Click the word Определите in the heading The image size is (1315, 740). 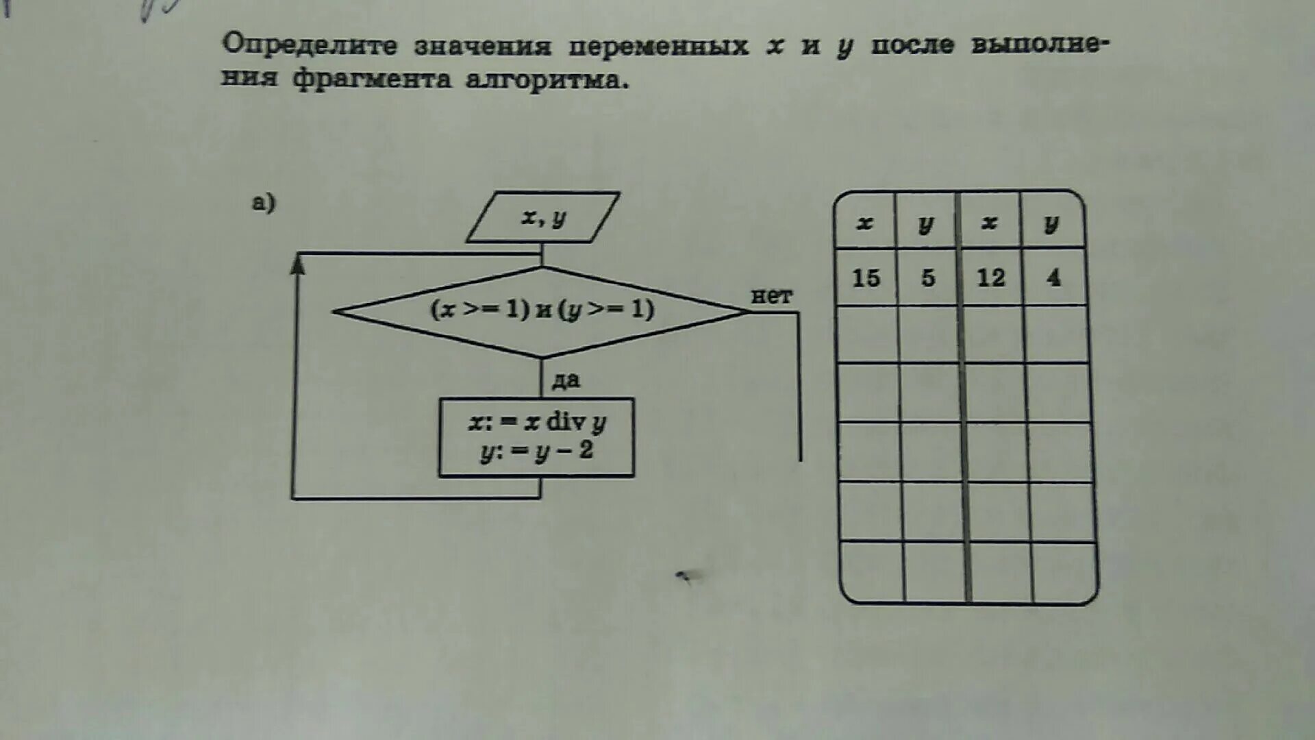click(310, 45)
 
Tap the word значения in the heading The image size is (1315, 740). click(482, 46)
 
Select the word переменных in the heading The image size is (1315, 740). click(658, 46)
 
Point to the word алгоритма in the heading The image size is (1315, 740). click(546, 80)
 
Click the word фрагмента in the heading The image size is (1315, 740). click(372, 79)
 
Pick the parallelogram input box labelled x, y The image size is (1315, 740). click(543, 217)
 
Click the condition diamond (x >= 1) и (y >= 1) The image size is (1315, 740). click(542, 310)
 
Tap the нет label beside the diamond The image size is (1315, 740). click(771, 296)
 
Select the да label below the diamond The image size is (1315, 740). click(566, 380)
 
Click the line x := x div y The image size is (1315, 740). click(537, 421)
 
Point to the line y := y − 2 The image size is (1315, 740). click(537, 452)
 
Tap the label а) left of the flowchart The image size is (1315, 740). click(264, 203)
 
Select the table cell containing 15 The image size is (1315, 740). click(866, 277)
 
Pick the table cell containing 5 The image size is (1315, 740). click(927, 277)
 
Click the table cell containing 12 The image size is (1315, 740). click(990, 277)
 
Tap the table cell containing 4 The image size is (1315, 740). click(1053, 277)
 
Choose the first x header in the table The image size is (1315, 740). click(865, 223)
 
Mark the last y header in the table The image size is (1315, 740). click(1052, 223)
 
